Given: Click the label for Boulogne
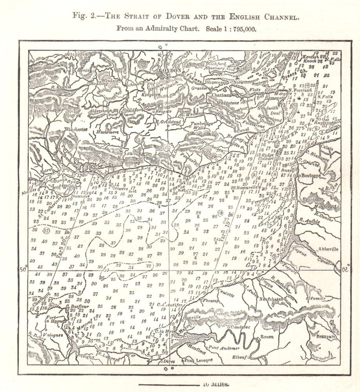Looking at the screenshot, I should click(310, 176).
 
